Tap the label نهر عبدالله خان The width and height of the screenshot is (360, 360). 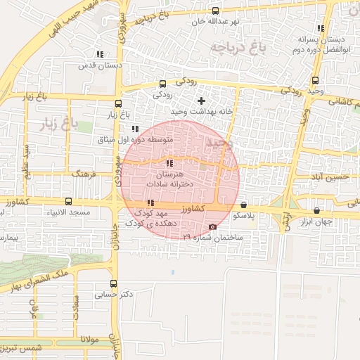click(x=215, y=21)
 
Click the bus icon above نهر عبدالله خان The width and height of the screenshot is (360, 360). click(x=215, y=11)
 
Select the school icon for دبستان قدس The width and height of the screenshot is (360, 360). click(x=99, y=54)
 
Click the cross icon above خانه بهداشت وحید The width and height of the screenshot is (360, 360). click(x=202, y=101)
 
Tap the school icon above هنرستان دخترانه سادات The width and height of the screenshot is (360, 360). click(x=168, y=163)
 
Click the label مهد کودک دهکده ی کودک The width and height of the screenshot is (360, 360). click(x=151, y=217)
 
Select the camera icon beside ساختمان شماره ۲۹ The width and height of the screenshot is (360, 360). click(x=213, y=227)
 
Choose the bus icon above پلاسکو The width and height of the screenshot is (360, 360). click(x=243, y=205)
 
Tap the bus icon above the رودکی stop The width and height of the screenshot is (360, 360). click(x=163, y=83)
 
